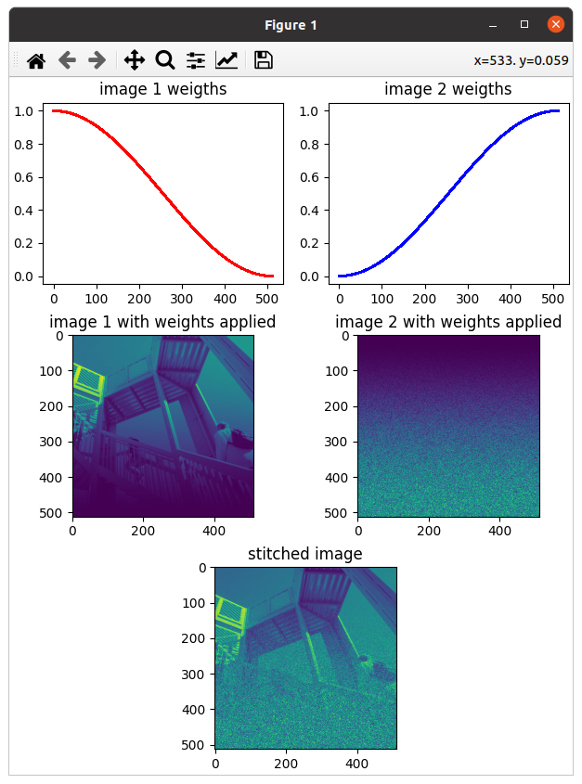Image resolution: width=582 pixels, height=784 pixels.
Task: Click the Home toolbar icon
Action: coord(36,60)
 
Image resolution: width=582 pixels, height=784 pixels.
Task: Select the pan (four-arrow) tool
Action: coord(134,60)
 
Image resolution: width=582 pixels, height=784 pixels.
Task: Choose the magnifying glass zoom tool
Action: coord(165,60)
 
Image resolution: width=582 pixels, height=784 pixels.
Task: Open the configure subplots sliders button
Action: coord(196,60)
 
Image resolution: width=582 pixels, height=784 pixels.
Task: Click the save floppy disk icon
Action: coord(264,60)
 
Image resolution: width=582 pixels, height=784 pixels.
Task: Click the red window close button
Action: coord(555,24)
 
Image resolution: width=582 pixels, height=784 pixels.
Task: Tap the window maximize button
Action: coord(524,24)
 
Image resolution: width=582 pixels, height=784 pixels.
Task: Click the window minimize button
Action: coord(494,24)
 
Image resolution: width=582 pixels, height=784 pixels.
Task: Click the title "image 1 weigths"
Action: coord(162,90)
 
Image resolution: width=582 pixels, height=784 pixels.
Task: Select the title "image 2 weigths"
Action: coord(448,90)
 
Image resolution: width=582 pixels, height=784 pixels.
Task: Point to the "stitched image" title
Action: coord(305,554)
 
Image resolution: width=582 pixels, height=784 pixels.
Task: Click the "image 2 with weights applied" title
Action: coord(448,322)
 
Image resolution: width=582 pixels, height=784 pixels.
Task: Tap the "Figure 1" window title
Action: coord(291,25)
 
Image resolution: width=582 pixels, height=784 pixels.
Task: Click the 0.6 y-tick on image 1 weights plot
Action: coord(25,177)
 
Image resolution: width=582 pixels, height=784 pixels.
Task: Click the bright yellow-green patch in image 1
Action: coord(87,381)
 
